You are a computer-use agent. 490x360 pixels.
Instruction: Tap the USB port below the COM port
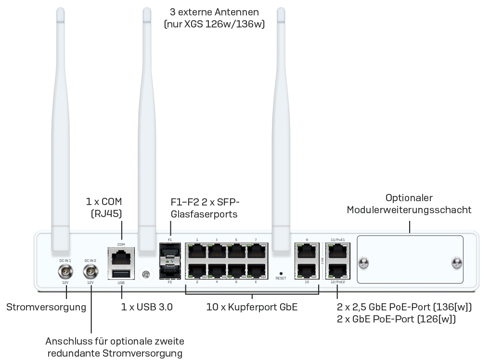pyautogui.click(x=121, y=273)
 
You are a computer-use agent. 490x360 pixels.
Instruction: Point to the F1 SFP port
pyautogui.click(x=169, y=251)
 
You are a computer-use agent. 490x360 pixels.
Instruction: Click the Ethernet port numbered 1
pyautogui.click(x=197, y=251)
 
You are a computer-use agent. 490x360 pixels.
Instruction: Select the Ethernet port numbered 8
pyautogui.click(x=256, y=271)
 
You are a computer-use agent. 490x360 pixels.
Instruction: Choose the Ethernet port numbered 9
pyautogui.click(x=307, y=251)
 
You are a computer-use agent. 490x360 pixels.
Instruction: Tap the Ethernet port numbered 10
pyautogui.click(x=307, y=270)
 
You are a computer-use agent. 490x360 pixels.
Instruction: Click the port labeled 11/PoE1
pyautogui.click(x=337, y=251)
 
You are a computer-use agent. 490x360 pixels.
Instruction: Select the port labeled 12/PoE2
pyautogui.click(x=337, y=270)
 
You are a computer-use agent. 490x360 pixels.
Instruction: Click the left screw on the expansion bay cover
pyautogui.click(x=364, y=263)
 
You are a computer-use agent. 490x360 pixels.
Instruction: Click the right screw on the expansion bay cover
pyautogui.click(x=456, y=263)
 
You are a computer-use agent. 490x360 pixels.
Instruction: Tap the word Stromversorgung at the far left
pyautogui.click(x=46, y=307)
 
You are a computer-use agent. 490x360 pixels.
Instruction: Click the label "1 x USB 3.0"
pyautogui.click(x=146, y=307)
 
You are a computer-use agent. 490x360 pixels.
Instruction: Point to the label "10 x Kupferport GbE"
pyautogui.click(x=252, y=307)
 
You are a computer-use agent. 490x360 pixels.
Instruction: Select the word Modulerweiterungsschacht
pyautogui.click(x=409, y=210)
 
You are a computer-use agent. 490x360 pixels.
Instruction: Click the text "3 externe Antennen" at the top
pyautogui.click(x=214, y=12)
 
